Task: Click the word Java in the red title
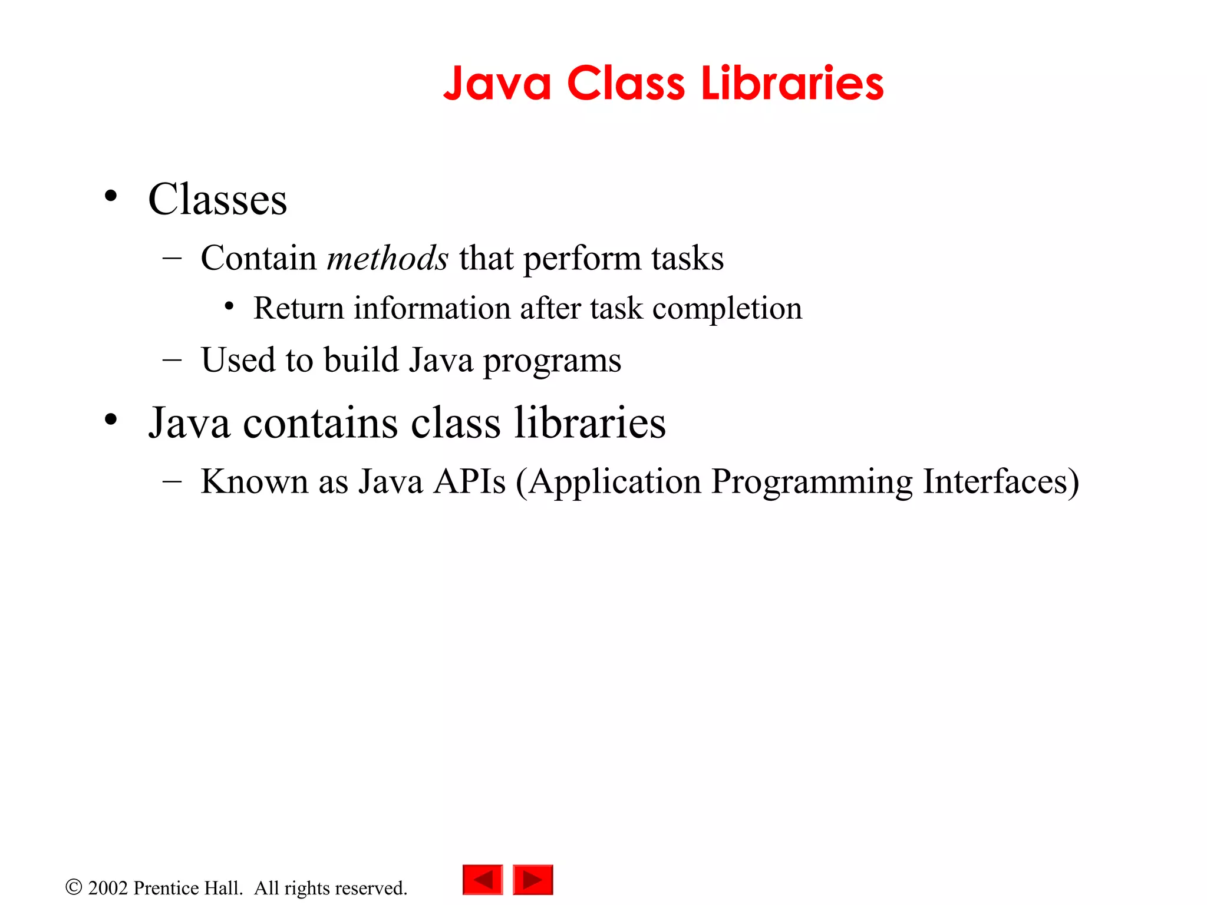tap(497, 84)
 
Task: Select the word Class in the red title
tap(626, 83)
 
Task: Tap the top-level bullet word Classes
tap(217, 200)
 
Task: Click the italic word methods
tap(387, 258)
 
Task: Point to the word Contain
tap(259, 258)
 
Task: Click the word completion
tap(727, 309)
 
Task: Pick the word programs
tap(552, 361)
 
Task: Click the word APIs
tap(470, 481)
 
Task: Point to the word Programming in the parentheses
tap(812, 483)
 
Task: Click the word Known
tap(255, 481)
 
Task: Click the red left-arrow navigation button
tap(483, 880)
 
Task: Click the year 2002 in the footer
tap(108, 888)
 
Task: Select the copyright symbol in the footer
tap(74, 887)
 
